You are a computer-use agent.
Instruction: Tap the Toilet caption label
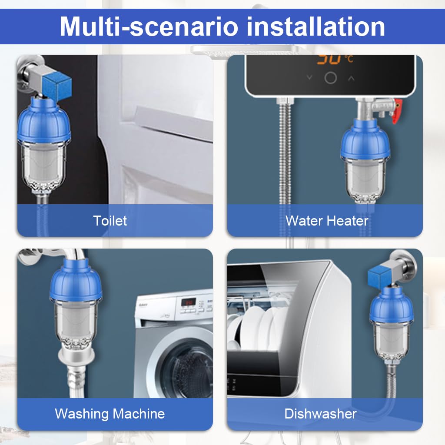110,220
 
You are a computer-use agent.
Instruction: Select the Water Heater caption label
326,220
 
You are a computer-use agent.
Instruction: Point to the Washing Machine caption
110,413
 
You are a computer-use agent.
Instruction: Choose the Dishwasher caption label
320,414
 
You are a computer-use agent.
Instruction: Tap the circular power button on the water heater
331,78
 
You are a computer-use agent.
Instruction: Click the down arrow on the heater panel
309,78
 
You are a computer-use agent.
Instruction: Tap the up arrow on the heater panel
351,78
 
